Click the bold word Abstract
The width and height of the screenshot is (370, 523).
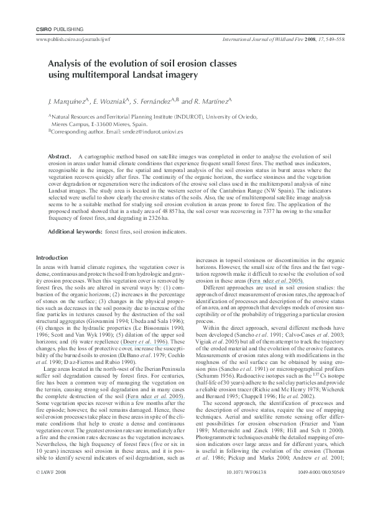(60, 155)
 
